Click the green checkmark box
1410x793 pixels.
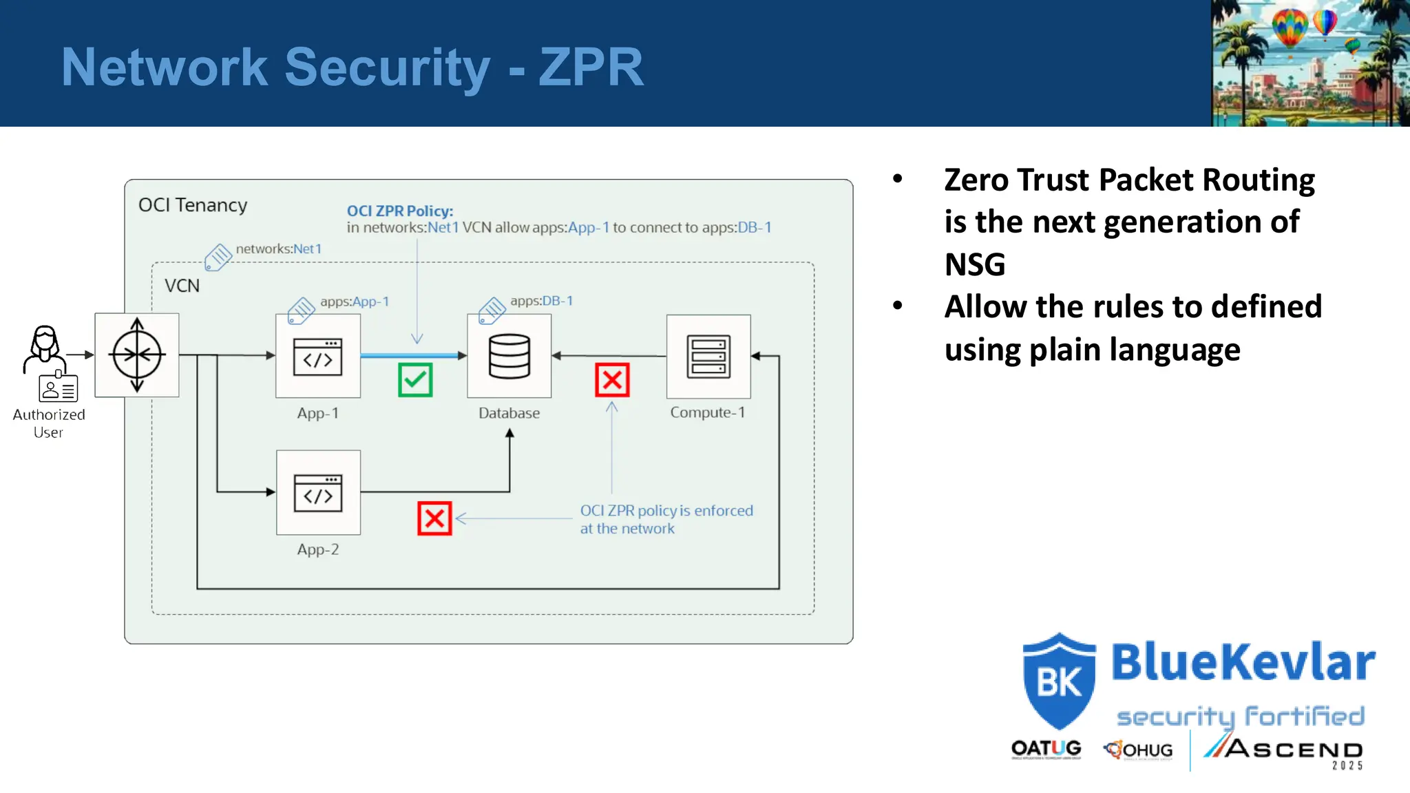[x=415, y=380]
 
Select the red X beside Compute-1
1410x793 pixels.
[x=612, y=380]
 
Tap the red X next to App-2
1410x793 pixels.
[x=434, y=518]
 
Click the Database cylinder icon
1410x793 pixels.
[x=509, y=356]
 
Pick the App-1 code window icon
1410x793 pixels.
[x=317, y=357]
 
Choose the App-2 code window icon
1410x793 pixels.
[x=318, y=493]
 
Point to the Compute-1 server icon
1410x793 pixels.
[x=708, y=357]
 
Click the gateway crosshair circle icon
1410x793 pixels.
[x=137, y=355]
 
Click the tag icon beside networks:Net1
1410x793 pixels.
[x=218, y=257]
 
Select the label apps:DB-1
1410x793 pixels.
[x=541, y=301]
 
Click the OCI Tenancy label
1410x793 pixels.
[x=193, y=205]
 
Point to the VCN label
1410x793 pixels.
[x=182, y=286]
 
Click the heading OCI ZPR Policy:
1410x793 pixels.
[x=400, y=211]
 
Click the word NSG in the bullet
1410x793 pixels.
[x=975, y=265]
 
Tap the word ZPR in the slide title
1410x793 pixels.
[x=591, y=67]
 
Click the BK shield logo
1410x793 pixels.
[x=1059, y=681]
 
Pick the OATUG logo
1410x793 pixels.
[x=1046, y=749]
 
